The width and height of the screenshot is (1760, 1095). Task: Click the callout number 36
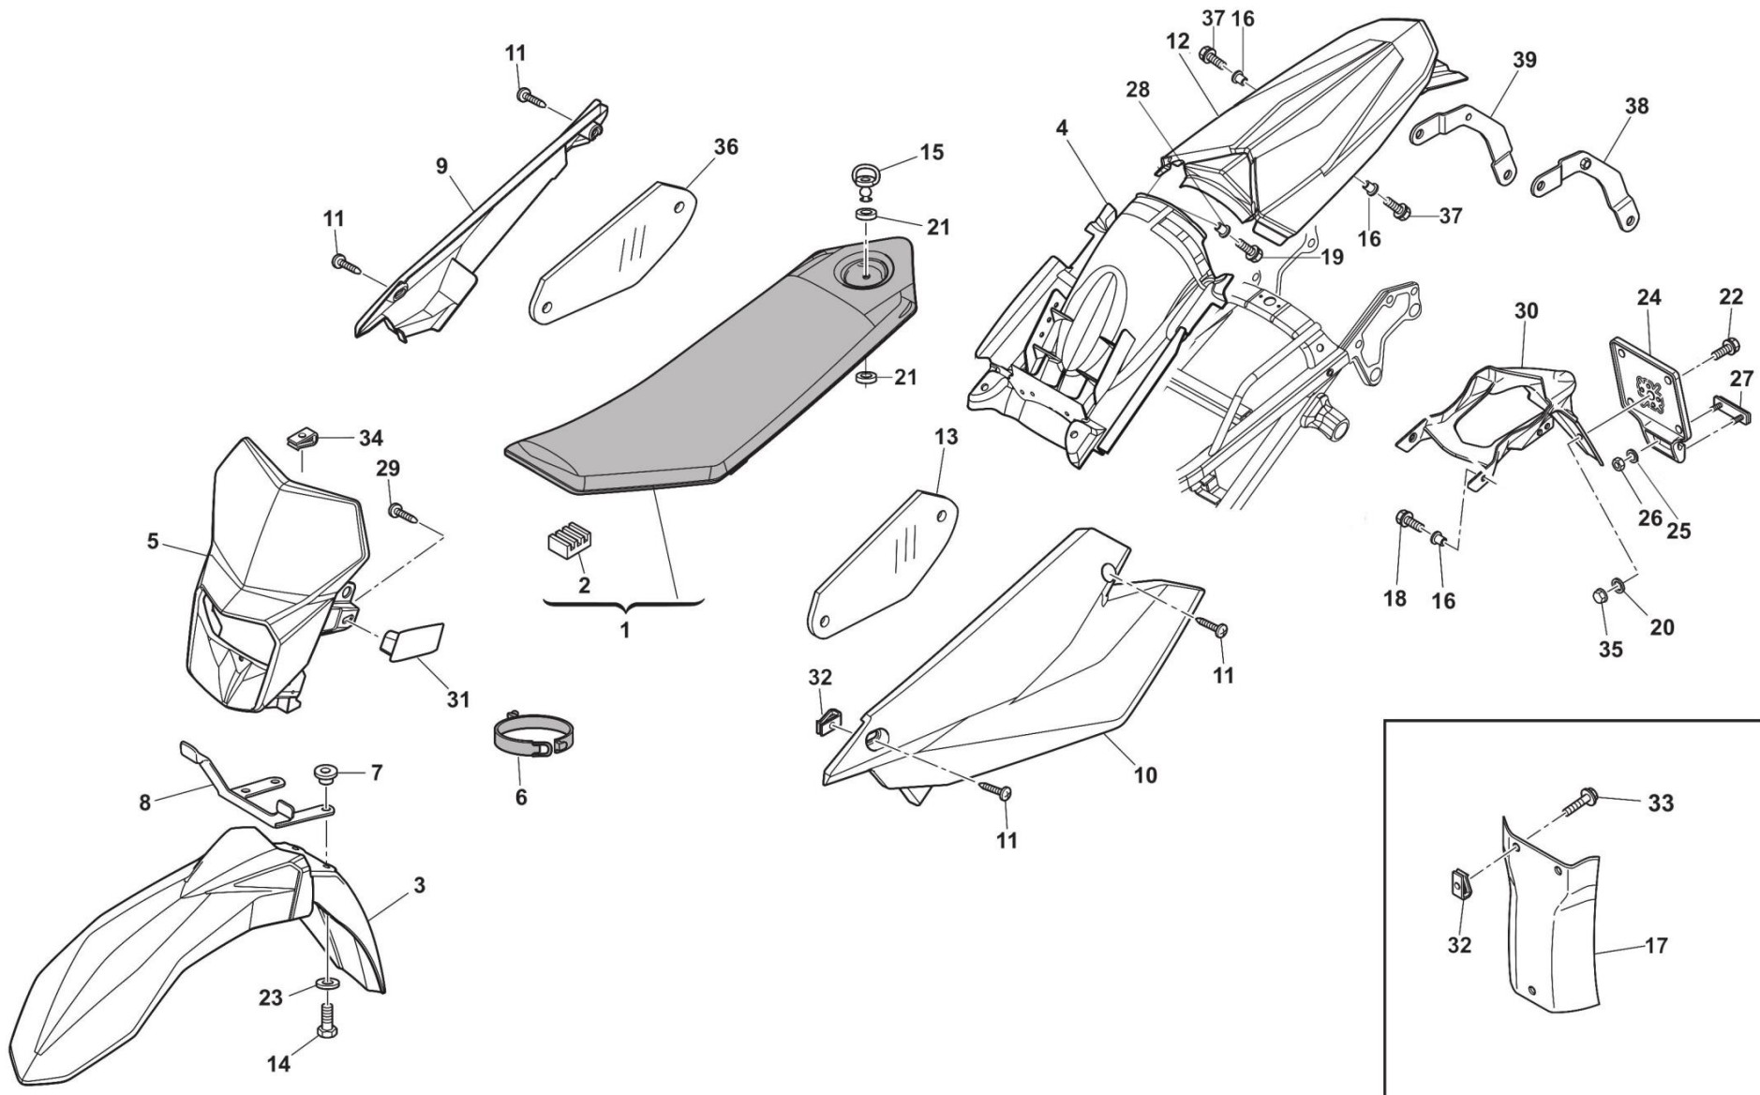[x=725, y=147]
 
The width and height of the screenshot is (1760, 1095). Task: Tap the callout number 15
[x=931, y=152]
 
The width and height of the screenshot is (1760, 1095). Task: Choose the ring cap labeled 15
[x=867, y=176]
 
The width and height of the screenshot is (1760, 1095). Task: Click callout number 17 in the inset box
[x=1656, y=945]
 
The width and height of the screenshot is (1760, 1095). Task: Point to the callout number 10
[x=1144, y=774]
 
